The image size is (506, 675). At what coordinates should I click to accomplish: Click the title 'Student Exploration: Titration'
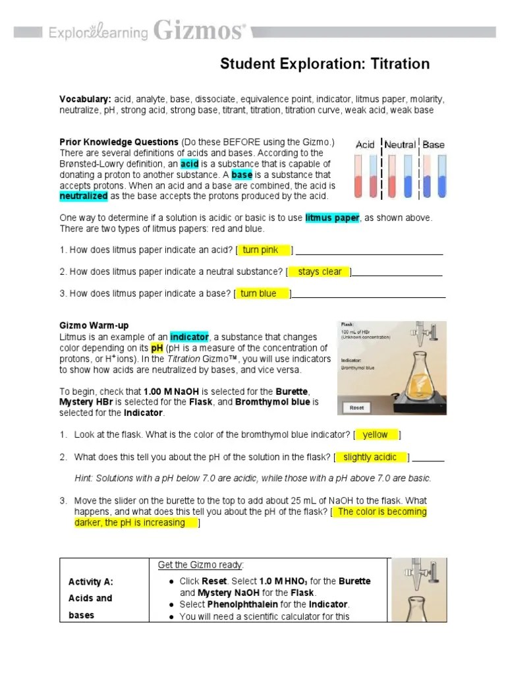click(x=324, y=64)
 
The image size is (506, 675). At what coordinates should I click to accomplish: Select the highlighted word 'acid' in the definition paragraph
click(x=190, y=163)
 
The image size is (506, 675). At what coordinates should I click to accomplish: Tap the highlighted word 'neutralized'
click(x=84, y=196)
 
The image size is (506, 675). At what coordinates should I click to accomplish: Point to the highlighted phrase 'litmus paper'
click(x=332, y=218)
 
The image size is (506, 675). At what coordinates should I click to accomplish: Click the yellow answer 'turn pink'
click(x=261, y=250)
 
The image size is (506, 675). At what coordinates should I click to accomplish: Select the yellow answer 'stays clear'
click(x=320, y=272)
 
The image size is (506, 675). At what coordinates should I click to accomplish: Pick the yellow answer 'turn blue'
click(x=259, y=293)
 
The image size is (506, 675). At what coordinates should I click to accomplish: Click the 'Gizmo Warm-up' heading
click(x=94, y=326)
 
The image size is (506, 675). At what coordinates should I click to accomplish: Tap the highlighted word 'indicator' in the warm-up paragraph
click(x=189, y=337)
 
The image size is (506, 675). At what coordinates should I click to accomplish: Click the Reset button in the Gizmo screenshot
click(x=356, y=408)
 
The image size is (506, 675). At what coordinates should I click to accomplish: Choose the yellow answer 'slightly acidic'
click(x=370, y=457)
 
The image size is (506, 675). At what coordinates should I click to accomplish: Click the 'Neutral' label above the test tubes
click(x=400, y=144)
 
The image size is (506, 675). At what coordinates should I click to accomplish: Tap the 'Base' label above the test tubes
click(x=433, y=144)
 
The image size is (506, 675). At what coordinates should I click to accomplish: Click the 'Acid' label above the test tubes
click(x=366, y=144)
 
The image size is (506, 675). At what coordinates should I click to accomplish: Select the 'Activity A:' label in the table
click(x=91, y=581)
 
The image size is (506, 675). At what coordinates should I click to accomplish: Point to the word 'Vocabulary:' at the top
click(x=85, y=99)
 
